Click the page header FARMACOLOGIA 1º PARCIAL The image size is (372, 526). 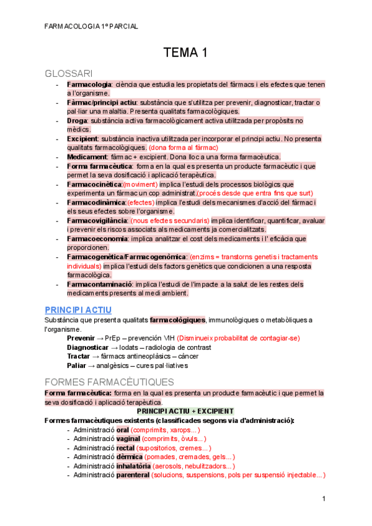click(92, 26)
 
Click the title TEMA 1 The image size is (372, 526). click(185, 53)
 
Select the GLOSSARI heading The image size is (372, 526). click(69, 73)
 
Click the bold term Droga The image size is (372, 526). click(77, 120)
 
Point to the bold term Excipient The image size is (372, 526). click(82, 139)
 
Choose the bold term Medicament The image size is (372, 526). click(86, 157)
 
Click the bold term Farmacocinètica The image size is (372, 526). click(94, 184)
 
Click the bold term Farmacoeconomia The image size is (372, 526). click(97, 238)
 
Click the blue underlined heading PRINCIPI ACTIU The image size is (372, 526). click(78, 309)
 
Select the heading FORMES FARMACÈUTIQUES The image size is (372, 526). click(110, 382)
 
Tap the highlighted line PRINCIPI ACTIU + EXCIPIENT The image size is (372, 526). click(185, 411)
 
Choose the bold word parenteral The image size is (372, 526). click(133, 475)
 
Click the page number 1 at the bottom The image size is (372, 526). click(324, 500)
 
